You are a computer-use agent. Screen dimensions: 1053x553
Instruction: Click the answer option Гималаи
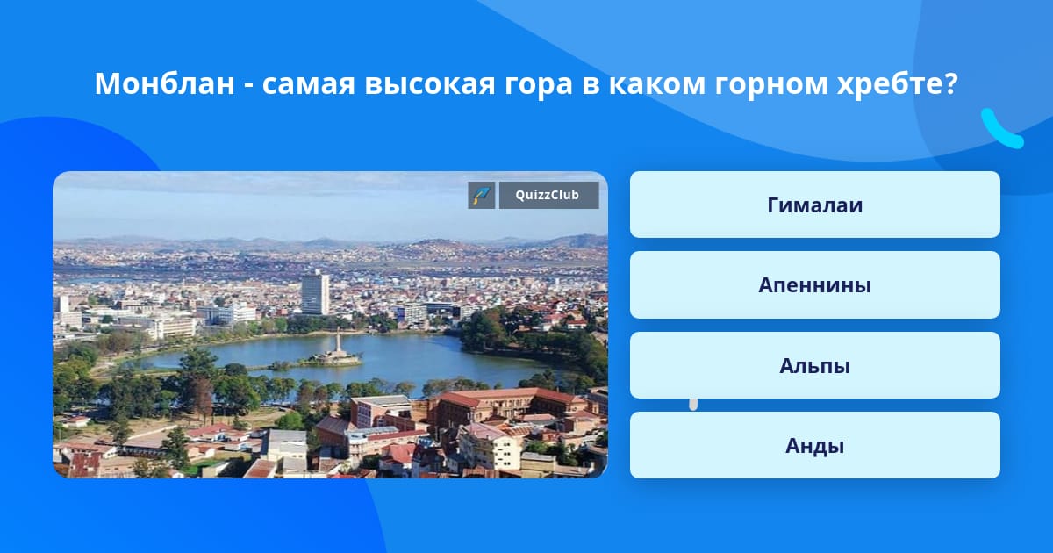[814, 205]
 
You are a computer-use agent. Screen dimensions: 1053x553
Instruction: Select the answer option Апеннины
[814, 285]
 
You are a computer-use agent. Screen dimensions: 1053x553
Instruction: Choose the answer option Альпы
[814, 365]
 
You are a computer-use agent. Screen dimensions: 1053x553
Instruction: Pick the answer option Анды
[814, 445]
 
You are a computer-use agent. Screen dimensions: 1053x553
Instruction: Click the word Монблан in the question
[165, 83]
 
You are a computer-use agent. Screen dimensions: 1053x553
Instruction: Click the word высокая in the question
[430, 83]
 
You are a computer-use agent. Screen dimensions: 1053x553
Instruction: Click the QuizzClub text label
[548, 195]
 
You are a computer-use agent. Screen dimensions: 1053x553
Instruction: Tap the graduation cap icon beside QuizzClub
[482, 195]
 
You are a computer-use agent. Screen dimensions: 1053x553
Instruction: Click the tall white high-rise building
[315, 293]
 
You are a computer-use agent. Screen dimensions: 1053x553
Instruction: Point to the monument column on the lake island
[338, 341]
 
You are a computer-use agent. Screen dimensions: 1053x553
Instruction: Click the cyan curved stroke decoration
[1000, 133]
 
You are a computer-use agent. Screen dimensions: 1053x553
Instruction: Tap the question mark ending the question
[950, 83]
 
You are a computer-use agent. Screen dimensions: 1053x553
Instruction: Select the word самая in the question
[308, 83]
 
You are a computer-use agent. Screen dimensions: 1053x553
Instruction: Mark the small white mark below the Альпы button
[693, 405]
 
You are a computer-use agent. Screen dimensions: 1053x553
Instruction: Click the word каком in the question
[657, 83]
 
